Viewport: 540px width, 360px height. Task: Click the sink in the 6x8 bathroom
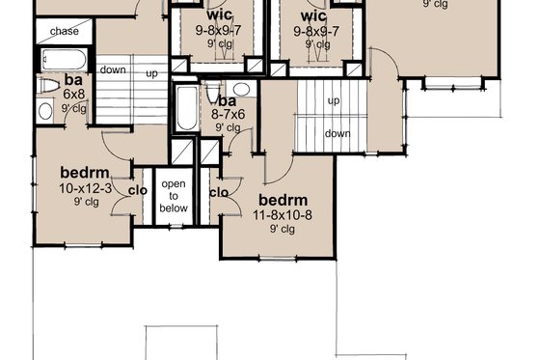pyautogui.click(x=45, y=109)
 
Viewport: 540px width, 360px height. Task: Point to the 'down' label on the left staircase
pyautogui.click(x=113, y=70)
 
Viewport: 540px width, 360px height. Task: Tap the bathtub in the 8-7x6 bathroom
pyautogui.click(x=183, y=111)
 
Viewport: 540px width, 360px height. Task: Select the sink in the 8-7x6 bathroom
pyautogui.click(x=241, y=89)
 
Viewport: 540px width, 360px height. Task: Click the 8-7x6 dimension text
pyautogui.click(x=228, y=114)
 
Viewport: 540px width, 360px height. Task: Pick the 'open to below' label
pyautogui.click(x=174, y=194)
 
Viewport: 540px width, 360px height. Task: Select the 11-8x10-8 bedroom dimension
pyautogui.click(x=283, y=215)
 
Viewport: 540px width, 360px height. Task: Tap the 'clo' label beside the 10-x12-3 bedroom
pyautogui.click(x=137, y=190)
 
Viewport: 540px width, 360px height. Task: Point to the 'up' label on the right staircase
pyautogui.click(x=334, y=100)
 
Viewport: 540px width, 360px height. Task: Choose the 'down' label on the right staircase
pyautogui.click(x=337, y=133)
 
